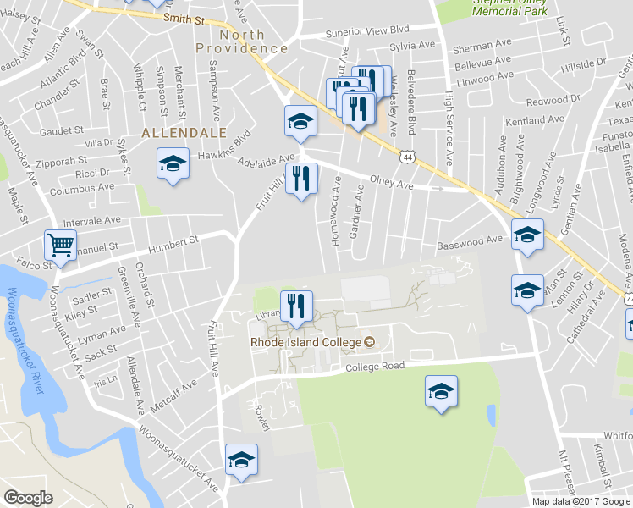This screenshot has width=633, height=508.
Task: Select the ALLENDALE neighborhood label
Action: point(184,133)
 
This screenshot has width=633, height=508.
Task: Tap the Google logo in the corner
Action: point(28,498)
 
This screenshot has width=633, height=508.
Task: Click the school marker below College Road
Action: point(441,391)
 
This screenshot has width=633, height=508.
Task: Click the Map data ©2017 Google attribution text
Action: point(581,500)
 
